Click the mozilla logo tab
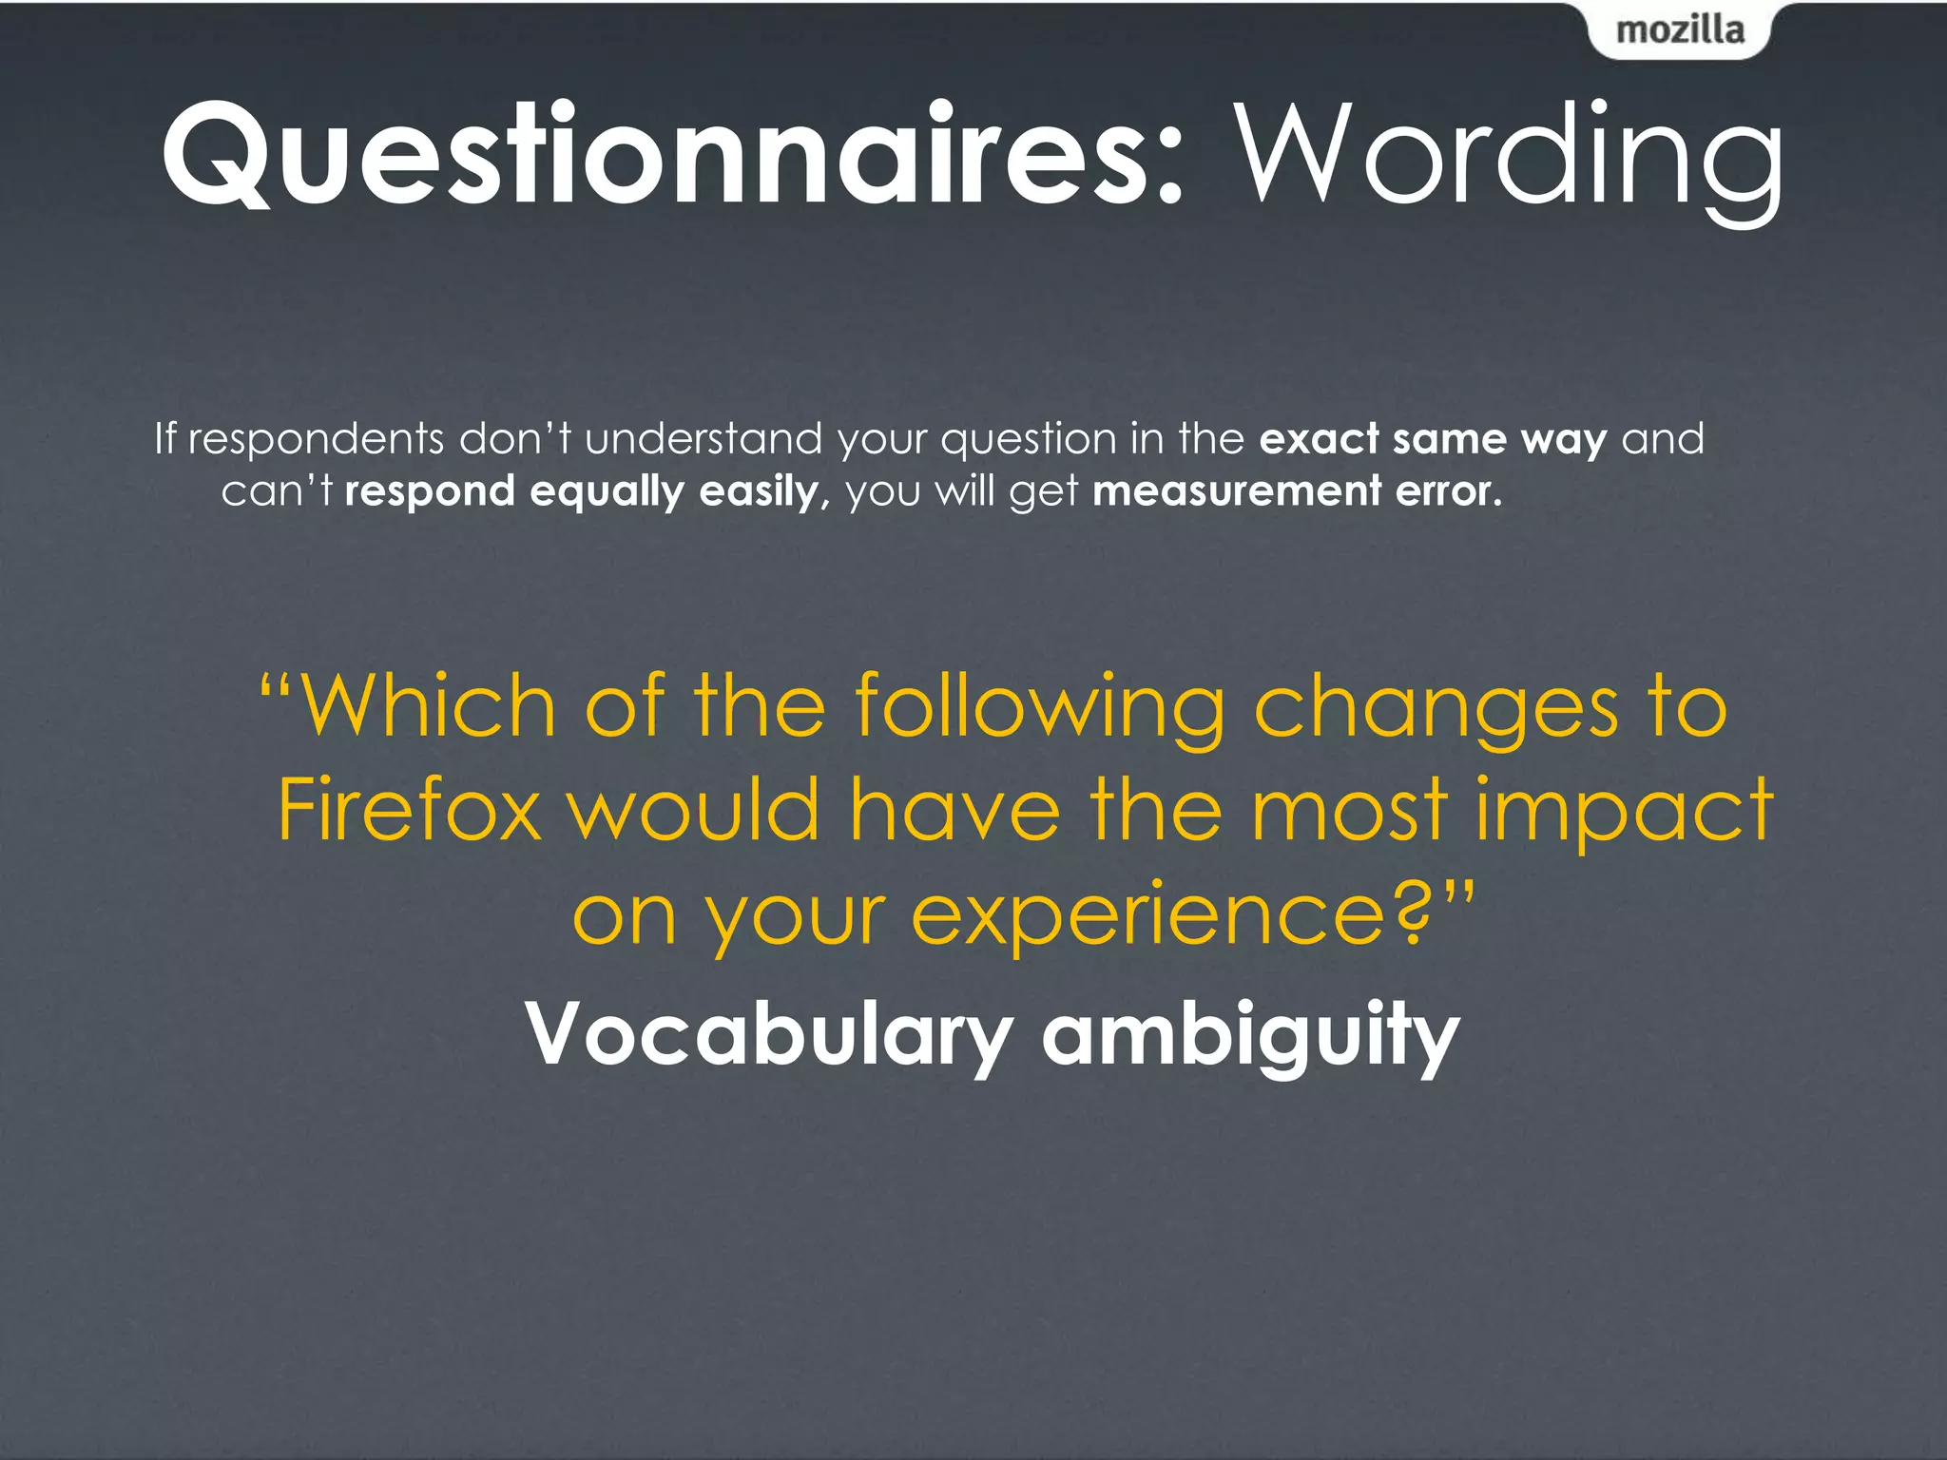[x=1679, y=30]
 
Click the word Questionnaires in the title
[x=656, y=154]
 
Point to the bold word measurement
[x=1237, y=491]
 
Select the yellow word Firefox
[x=410, y=810]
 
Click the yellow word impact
[x=1624, y=811]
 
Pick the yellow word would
[x=695, y=810]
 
